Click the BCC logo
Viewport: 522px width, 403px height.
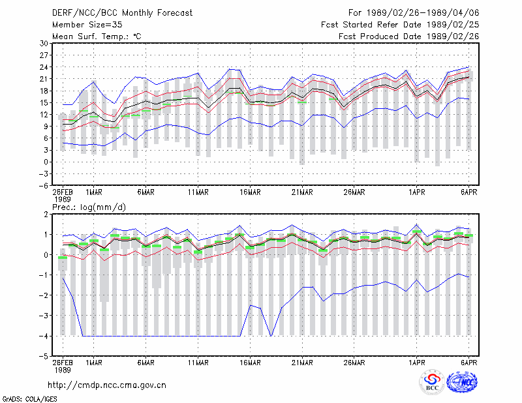click(432, 382)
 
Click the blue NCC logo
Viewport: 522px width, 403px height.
click(462, 382)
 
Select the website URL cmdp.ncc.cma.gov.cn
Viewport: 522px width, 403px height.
click(107, 385)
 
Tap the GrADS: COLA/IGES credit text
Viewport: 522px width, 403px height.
click(30, 399)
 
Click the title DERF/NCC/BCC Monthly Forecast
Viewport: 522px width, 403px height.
click(122, 13)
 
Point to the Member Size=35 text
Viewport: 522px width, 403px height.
click(87, 25)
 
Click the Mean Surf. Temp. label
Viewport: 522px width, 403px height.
click(97, 37)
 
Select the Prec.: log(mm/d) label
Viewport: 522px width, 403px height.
click(89, 207)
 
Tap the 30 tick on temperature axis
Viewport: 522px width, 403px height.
click(44, 43)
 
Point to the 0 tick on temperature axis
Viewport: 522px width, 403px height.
click(46, 162)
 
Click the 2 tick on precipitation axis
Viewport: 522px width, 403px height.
click(46, 215)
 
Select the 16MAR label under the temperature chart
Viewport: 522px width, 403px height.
click(250, 192)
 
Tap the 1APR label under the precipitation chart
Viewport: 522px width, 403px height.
click(416, 363)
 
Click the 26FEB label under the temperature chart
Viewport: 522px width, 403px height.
click(63, 192)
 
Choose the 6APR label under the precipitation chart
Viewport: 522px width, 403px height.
click(468, 363)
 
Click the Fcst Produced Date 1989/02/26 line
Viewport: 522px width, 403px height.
click(409, 37)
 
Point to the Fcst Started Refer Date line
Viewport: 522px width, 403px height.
click(400, 25)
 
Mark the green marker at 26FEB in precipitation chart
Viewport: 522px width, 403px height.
click(63, 258)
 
